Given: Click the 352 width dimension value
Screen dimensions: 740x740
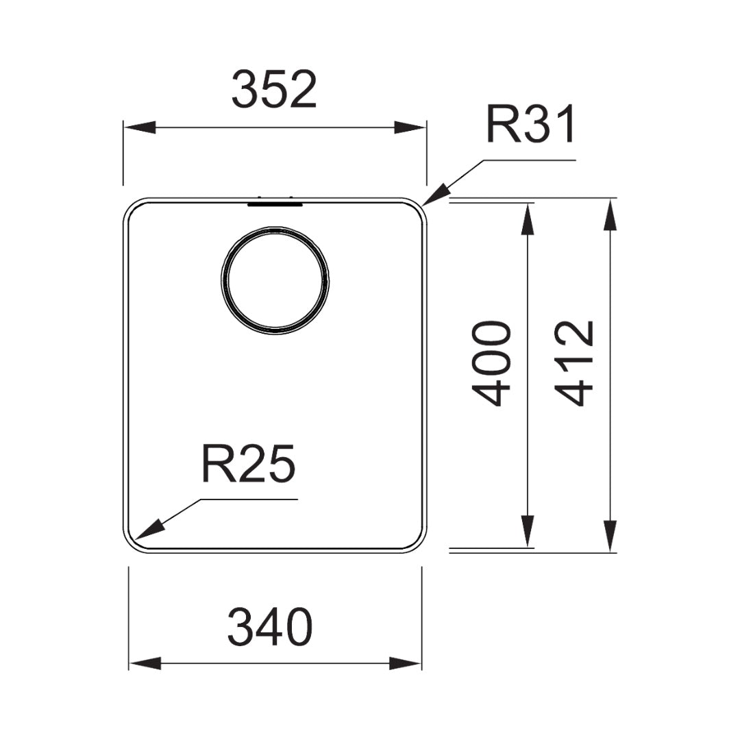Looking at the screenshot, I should click(274, 90).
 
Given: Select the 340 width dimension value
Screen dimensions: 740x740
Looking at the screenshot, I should click(270, 628).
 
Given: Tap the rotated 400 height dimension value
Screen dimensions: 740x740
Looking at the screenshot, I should click(492, 362).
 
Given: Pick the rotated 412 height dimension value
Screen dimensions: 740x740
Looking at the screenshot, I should click(573, 363).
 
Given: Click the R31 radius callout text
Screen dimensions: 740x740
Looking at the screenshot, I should click(530, 125).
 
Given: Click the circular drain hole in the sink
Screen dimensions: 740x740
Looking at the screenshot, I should click(275, 281).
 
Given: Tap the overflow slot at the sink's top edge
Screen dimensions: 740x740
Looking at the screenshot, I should click(274, 202).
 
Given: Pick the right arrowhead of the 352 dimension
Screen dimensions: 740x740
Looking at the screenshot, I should click(410, 127).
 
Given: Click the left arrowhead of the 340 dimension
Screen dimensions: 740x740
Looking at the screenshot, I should click(145, 663).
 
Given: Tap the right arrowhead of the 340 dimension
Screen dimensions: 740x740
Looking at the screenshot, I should click(406, 663).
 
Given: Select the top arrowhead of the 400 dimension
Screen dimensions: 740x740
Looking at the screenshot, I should click(528, 219).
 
